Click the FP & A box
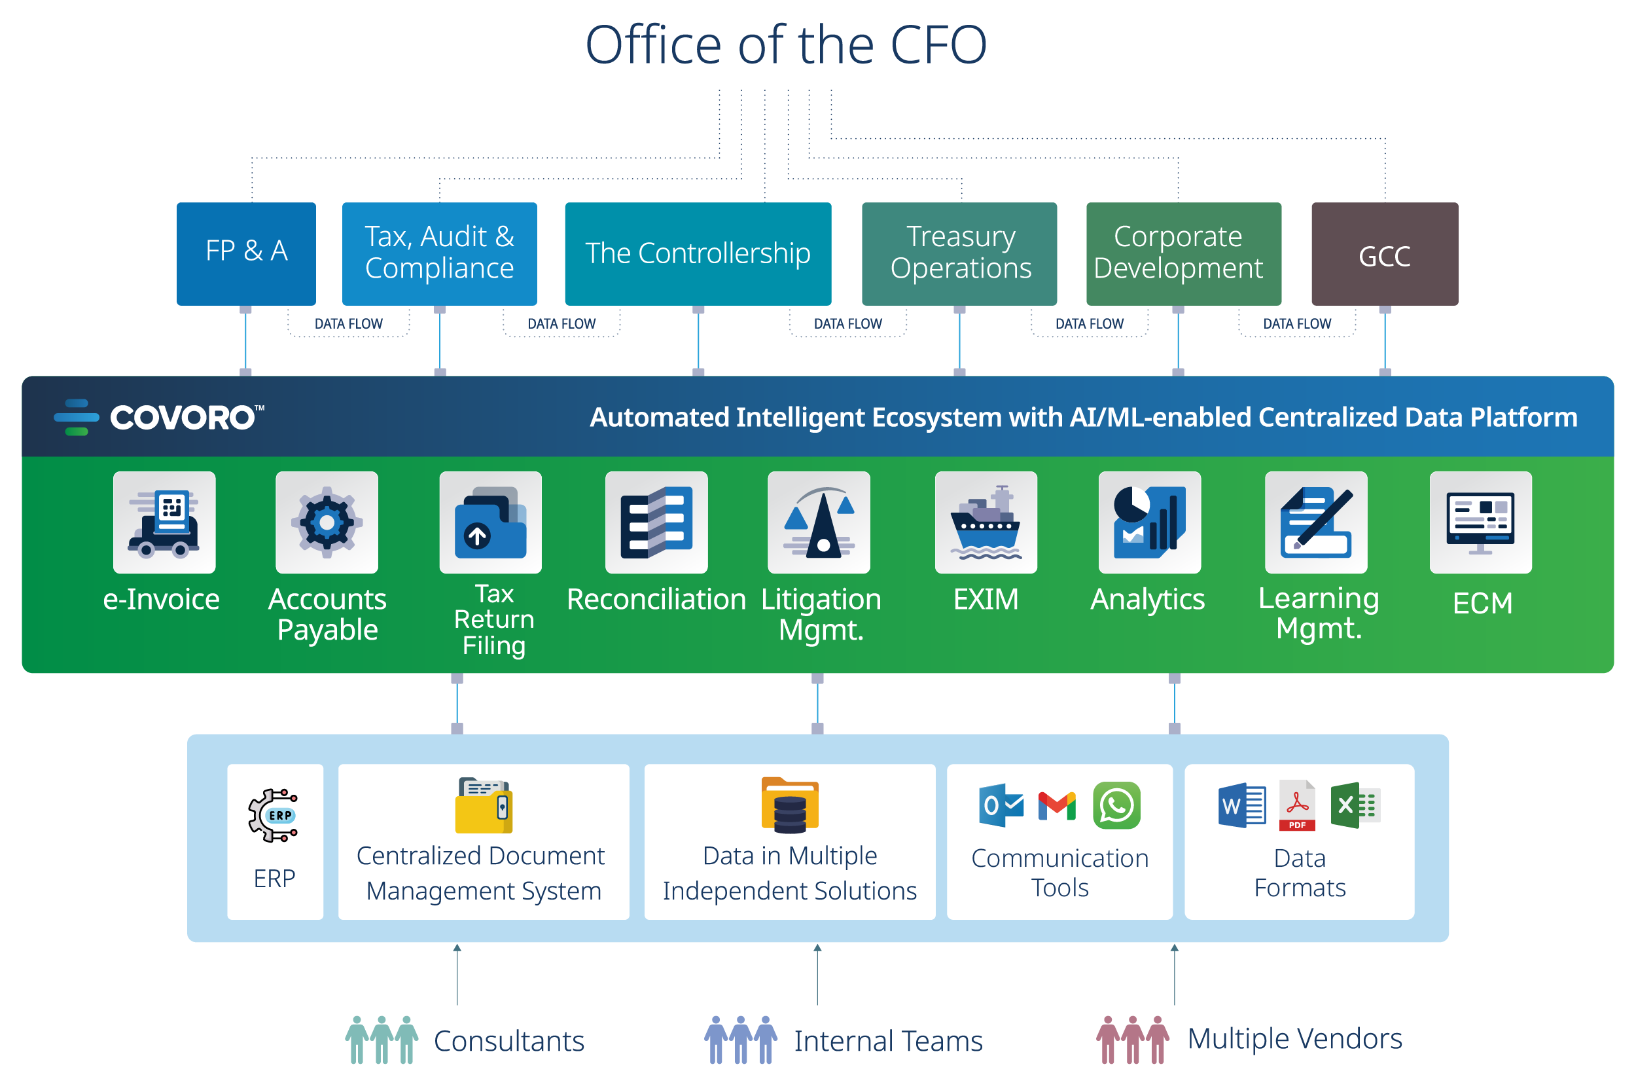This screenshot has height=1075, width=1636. tap(246, 253)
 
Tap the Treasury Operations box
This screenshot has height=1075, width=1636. tap(959, 253)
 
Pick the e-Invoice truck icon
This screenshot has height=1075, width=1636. tap(164, 522)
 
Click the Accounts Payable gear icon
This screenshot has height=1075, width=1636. tap(327, 522)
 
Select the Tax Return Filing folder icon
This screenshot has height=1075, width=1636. tap(490, 522)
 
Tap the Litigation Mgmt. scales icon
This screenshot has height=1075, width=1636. tap(819, 522)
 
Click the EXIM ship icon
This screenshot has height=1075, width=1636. tap(985, 522)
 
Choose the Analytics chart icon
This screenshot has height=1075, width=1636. tap(1149, 522)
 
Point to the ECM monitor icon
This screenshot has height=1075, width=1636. tap(1480, 522)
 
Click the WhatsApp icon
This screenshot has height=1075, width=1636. tap(1116, 805)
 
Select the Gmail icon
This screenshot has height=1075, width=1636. tap(1056, 805)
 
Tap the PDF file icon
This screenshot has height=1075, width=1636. tap(1296, 805)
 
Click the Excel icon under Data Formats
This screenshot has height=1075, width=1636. tap(1355, 805)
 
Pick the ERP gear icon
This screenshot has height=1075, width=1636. tap(274, 815)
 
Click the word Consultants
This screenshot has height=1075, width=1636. tap(508, 1040)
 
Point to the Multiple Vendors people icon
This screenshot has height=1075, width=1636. tap(1132, 1039)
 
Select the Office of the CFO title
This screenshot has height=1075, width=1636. tap(786, 45)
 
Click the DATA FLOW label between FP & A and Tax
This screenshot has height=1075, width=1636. tap(349, 323)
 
